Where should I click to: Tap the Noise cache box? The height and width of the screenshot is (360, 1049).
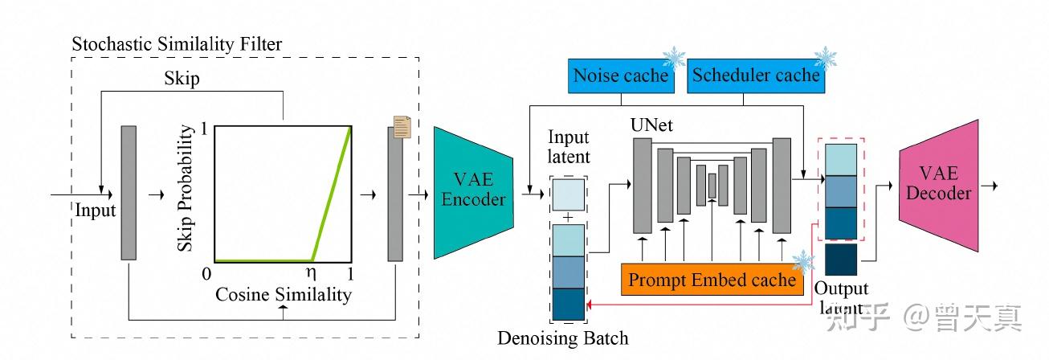(x=620, y=76)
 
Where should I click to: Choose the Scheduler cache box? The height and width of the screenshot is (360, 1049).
(x=755, y=76)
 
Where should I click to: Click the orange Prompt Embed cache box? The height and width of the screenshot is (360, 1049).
(x=712, y=280)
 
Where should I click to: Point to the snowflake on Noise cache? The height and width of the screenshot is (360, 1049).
(x=673, y=59)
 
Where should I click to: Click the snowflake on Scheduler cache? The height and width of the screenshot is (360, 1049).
(x=825, y=58)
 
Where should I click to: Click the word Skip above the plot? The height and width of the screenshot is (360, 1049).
(x=182, y=79)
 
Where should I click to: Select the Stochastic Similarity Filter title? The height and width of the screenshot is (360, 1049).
(x=177, y=44)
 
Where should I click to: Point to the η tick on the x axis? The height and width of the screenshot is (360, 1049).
(x=314, y=273)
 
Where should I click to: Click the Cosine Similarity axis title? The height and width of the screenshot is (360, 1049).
(x=283, y=295)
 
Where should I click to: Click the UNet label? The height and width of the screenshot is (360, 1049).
(x=651, y=126)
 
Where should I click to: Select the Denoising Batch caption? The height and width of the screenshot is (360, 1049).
(x=562, y=338)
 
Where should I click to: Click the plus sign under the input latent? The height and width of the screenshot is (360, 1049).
(x=568, y=217)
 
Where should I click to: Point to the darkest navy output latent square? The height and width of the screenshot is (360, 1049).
(x=841, y=260)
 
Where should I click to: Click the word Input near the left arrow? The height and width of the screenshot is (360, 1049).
(x=96, y=211)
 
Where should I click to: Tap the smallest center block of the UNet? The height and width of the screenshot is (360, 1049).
(x=712, y=185)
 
